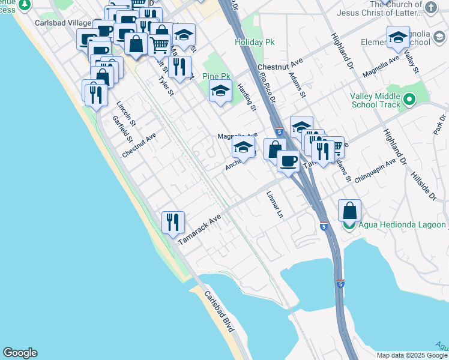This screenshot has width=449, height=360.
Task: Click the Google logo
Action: click(20, 353)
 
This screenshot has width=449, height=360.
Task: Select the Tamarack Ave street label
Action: click(200, 230)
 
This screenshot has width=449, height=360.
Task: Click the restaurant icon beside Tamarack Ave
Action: click(173, 222)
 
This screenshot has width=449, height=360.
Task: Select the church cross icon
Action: click(431, 8)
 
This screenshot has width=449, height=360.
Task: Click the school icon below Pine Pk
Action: click(220, 91)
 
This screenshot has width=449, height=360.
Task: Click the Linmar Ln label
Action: click(275, 205)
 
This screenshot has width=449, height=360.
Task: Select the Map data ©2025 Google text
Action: click(412, 355)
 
